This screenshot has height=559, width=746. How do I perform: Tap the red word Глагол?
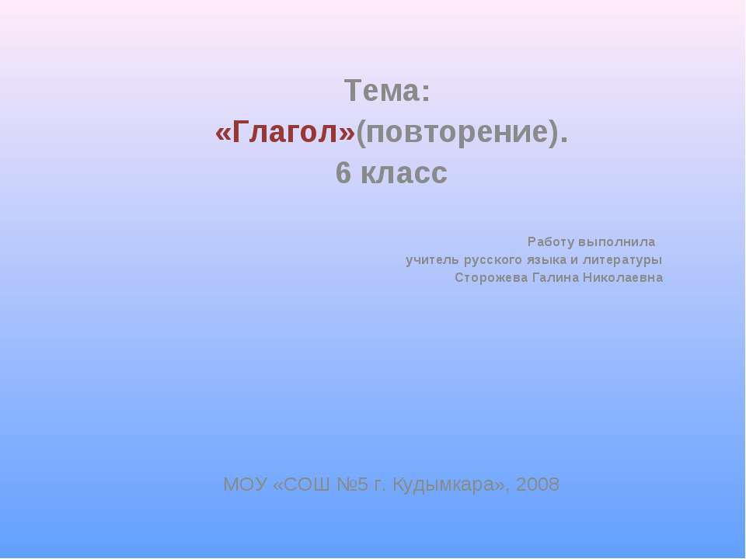click(285, 132)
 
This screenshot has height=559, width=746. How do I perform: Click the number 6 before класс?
click(343, 173)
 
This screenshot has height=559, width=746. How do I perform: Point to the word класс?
click(404, 174)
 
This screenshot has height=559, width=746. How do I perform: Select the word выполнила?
click(617, 242)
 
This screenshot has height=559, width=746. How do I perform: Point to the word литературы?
click(622, 261)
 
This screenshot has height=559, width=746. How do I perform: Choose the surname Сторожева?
click(491, 278)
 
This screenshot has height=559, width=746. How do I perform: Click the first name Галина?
click(555, 278)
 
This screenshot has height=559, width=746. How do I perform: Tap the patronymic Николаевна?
click(622, 278)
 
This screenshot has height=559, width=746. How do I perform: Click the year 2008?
click(538, 484)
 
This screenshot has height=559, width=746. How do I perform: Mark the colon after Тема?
click(426, 94)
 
